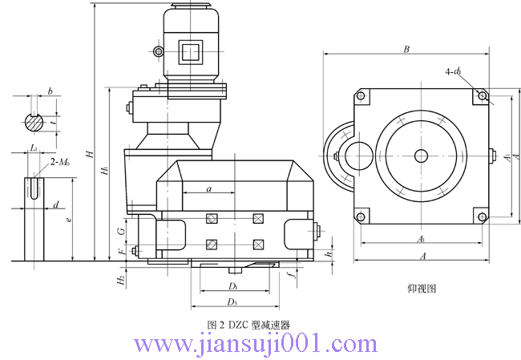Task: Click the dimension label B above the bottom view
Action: (x=406, y=49)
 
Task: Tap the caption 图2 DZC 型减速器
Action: (x=248, y=325)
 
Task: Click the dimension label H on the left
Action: (x=91, y=155)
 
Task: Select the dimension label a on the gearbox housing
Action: (x=208, y=188)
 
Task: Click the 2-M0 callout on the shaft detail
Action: (x=59, y=163)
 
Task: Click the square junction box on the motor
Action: (x=191, y=52)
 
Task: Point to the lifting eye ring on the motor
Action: (x=159, y=52)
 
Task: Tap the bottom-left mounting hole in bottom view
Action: (x=361, y=216)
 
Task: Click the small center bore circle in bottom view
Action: (x=420, y=156)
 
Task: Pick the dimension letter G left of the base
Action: (x=120, y=231)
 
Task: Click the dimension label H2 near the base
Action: (x=119, y=279)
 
